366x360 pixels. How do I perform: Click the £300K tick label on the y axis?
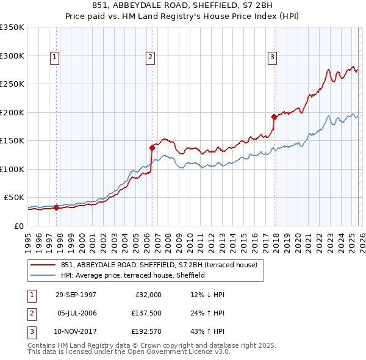[x=12, y=56]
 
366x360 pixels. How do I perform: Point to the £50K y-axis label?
[x=14, y=198]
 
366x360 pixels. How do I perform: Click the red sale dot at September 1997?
[x=57, y=207]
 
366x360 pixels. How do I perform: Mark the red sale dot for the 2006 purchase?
[x=152, y=147]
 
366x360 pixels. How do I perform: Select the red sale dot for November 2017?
[x=274, y=116]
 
